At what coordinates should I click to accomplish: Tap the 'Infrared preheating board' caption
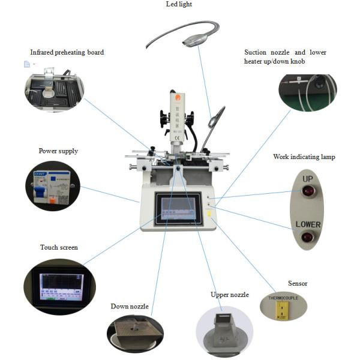click(x=67, y=53)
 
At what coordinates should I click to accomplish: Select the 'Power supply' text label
click(x=58, y=151)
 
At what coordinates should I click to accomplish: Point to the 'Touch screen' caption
click(x=59, y=247)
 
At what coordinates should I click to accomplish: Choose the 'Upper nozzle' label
click(x=229, y=295)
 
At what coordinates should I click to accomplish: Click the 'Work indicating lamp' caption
click(x=304, y=157)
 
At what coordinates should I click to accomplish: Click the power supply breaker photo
click(x=53, y=185)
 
